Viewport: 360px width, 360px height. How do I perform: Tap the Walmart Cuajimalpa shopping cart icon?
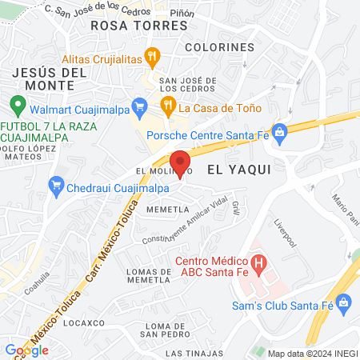click(140, 106)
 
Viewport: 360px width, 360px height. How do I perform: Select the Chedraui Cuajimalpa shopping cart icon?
click(57, 188)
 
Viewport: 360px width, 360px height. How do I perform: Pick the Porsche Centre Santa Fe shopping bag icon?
click(279, 132)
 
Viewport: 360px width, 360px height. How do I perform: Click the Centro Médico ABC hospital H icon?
click(258, 262)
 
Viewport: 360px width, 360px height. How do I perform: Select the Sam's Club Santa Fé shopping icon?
click(345, 302)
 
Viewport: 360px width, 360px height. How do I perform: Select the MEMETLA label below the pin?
click(166, 209)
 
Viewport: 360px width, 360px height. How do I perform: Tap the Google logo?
click(26, 350)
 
